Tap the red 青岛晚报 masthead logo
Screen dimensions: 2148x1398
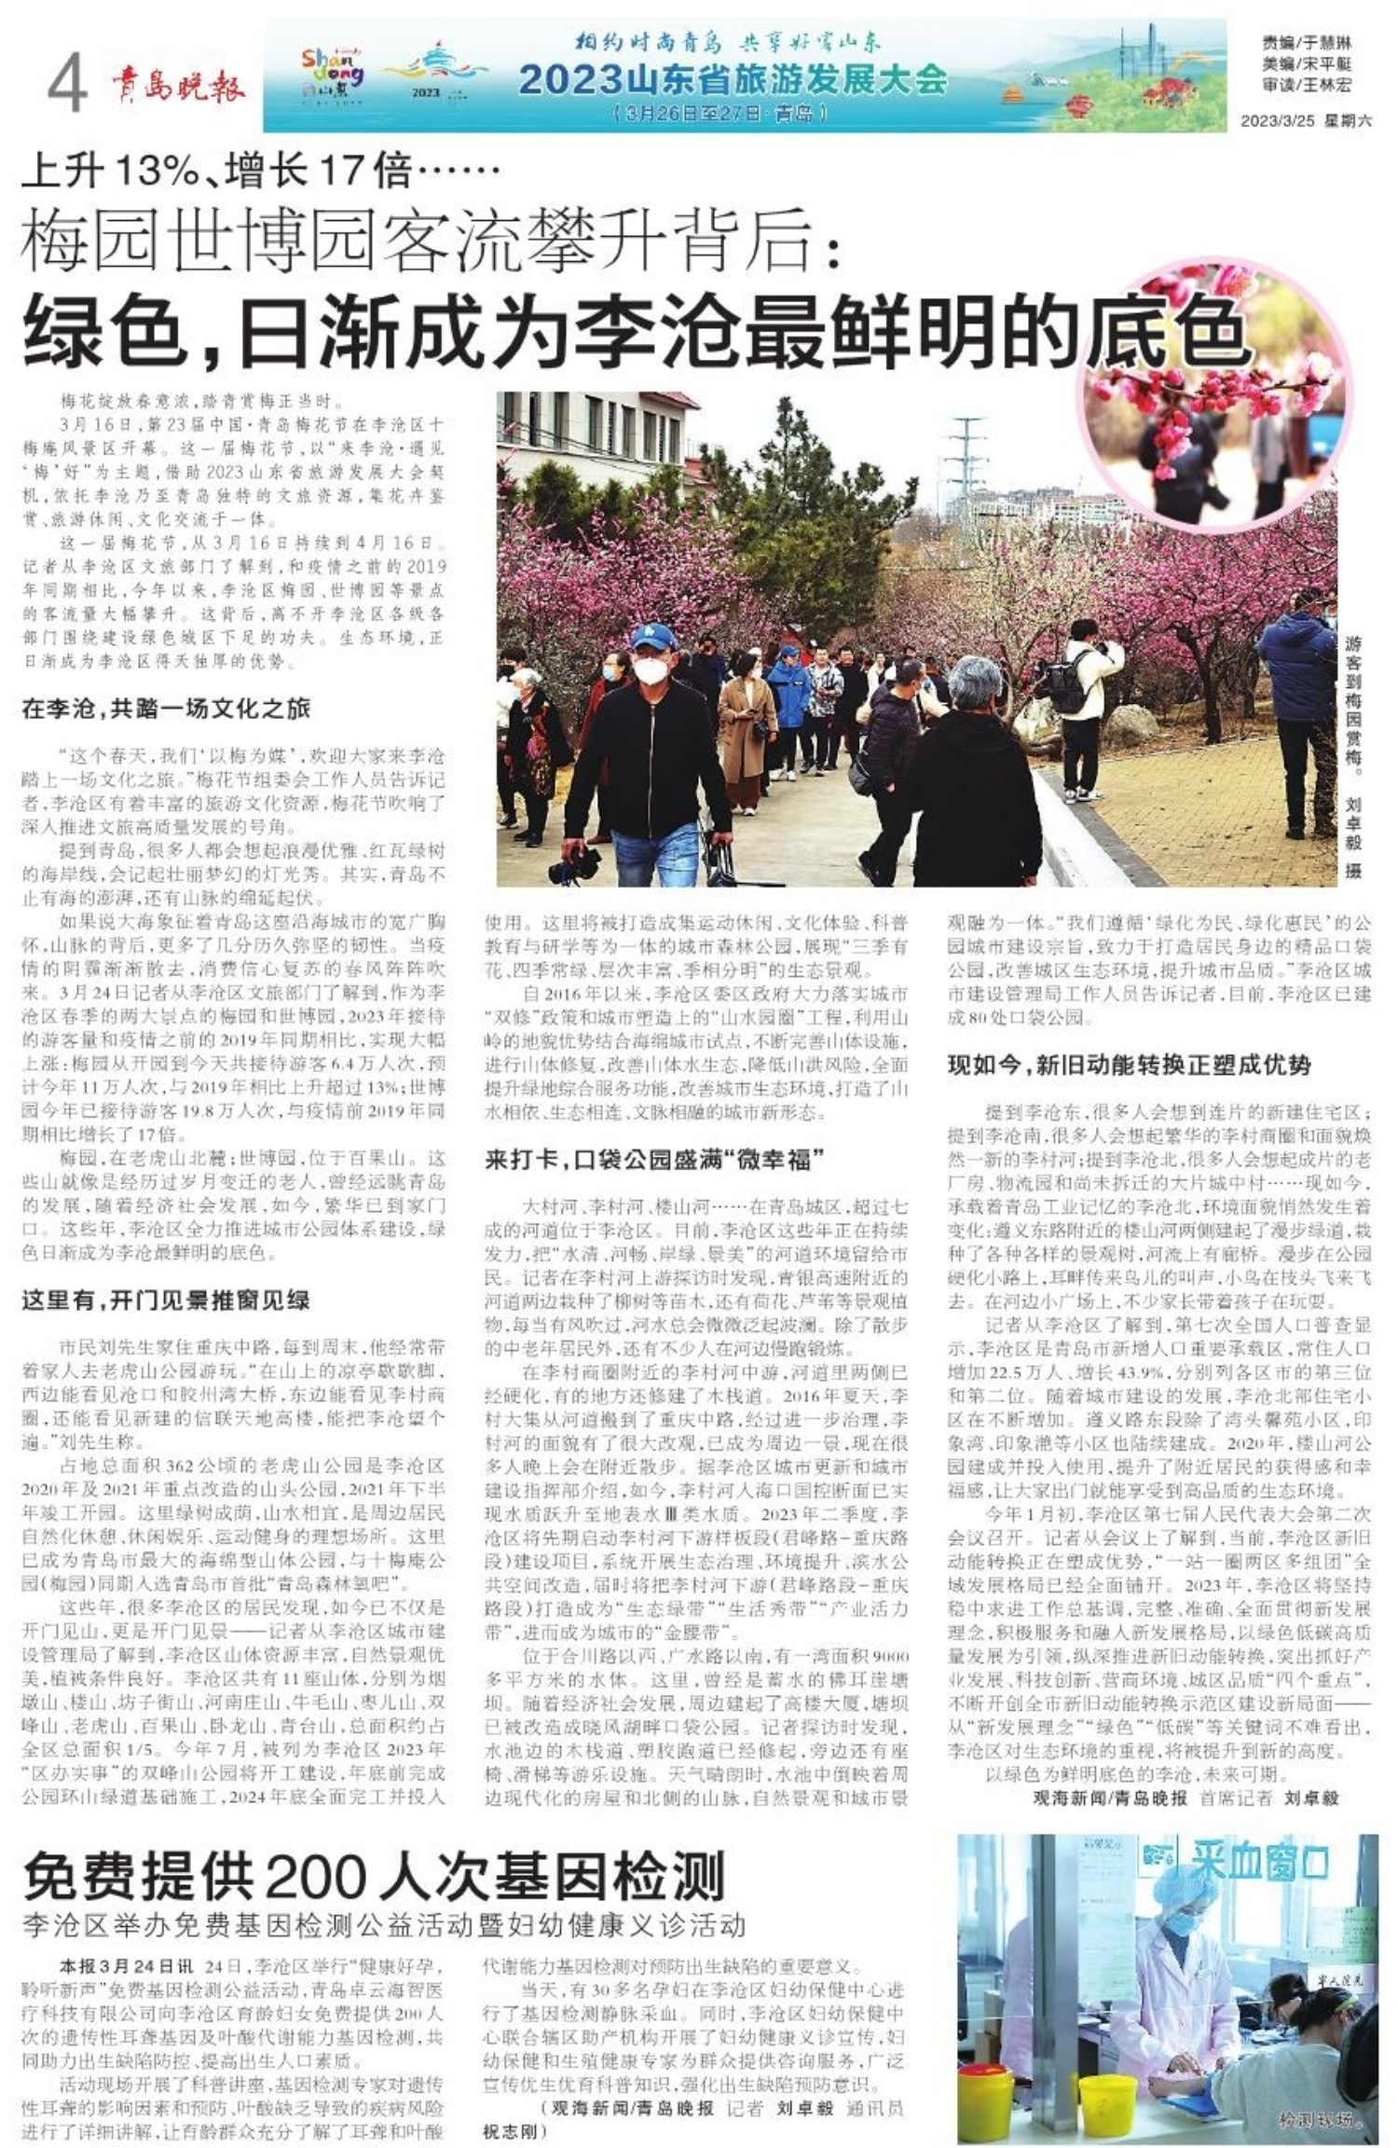pyautogui.click(x=177, y=86)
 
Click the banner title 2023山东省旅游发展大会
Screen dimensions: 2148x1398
pyautogui.click(x=733, y=81)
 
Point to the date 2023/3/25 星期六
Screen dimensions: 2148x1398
pyautogui.click(x=1306, y=121)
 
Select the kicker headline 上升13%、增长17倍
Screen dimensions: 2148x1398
pyautogui.click(x=261, y=171)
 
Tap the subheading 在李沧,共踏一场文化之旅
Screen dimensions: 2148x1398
pyautogui.click(x=166, y=709)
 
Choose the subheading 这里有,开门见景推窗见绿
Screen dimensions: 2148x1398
pyautogui.click(x=166, y=1301)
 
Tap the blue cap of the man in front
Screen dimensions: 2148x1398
pyautogui.click(x=649, y=639)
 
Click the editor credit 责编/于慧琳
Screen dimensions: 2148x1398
pyautogui.click(x=1306, y=44)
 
